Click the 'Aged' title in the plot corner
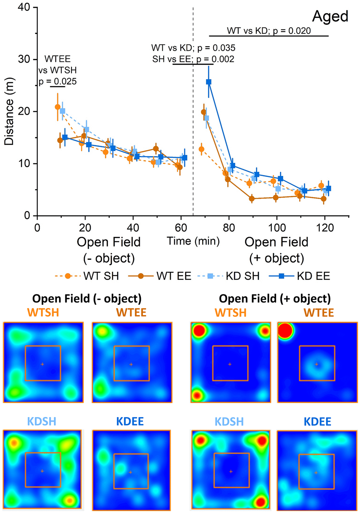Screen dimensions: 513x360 click(x=330, y=17)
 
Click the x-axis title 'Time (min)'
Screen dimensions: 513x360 click(x=193, y=241)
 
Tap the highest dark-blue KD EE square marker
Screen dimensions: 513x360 click(x=209, y=82)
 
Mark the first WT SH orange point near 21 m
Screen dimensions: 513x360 click(x=58, y=107)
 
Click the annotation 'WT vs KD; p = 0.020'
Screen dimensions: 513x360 click(x=269, y=31)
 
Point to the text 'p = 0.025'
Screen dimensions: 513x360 click(x=58, y=82)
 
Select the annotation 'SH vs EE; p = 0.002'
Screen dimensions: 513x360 click(x=193, y=59)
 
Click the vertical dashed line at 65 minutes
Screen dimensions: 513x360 click(x=193, y=141)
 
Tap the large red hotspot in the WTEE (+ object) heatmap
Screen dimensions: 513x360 click(x=285, y=331)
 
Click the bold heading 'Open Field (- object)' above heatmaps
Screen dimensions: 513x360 click(x=87, y=299)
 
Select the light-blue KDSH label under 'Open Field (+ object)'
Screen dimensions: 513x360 click(x=229, y=421)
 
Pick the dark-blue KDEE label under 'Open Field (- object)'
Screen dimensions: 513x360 click(x=130, y=421)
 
